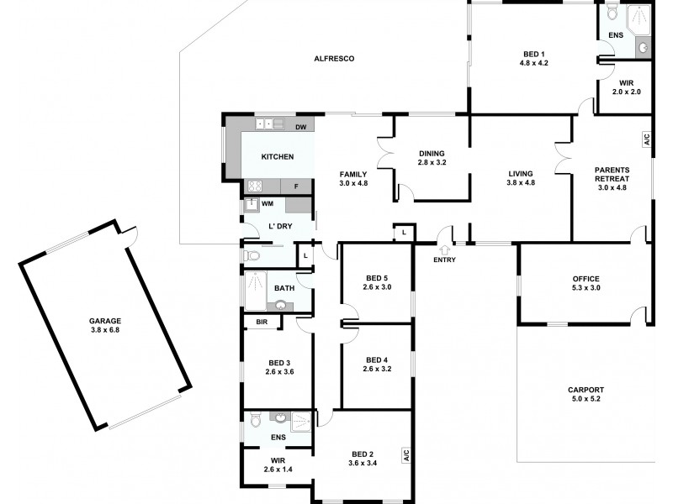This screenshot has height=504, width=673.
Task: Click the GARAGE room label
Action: click(x=106, y=320)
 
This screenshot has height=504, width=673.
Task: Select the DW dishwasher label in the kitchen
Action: click(x=300, y=127)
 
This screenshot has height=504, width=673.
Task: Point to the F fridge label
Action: click(x=295, y=186)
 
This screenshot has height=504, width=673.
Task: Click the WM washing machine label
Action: click(x=268, y=203)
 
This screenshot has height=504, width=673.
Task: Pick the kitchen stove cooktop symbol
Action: click(x=254, y=186)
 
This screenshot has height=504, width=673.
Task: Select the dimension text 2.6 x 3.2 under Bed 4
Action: click(x=376, y=369)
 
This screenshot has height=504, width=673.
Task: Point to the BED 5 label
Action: click(x=376, y=278)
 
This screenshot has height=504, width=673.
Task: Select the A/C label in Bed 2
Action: click(x=405, y=456)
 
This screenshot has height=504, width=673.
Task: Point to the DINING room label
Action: click(x=431, y=153)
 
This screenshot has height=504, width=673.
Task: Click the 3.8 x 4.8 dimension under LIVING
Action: click(x=521, y=182)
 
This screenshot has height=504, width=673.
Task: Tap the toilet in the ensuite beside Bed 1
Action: click(x=612, y=14)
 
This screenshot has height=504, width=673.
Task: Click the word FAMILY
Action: click(x=353, y=173)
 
